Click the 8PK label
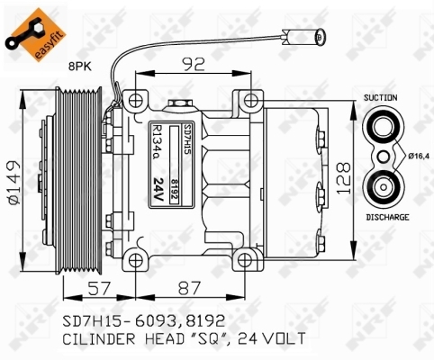79,67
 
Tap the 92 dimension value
194,64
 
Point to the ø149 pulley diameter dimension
14,183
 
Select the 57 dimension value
99,288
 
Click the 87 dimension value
189,288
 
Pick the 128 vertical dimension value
344,178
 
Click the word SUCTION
380,97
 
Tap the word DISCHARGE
387,217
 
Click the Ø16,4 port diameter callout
419,156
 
